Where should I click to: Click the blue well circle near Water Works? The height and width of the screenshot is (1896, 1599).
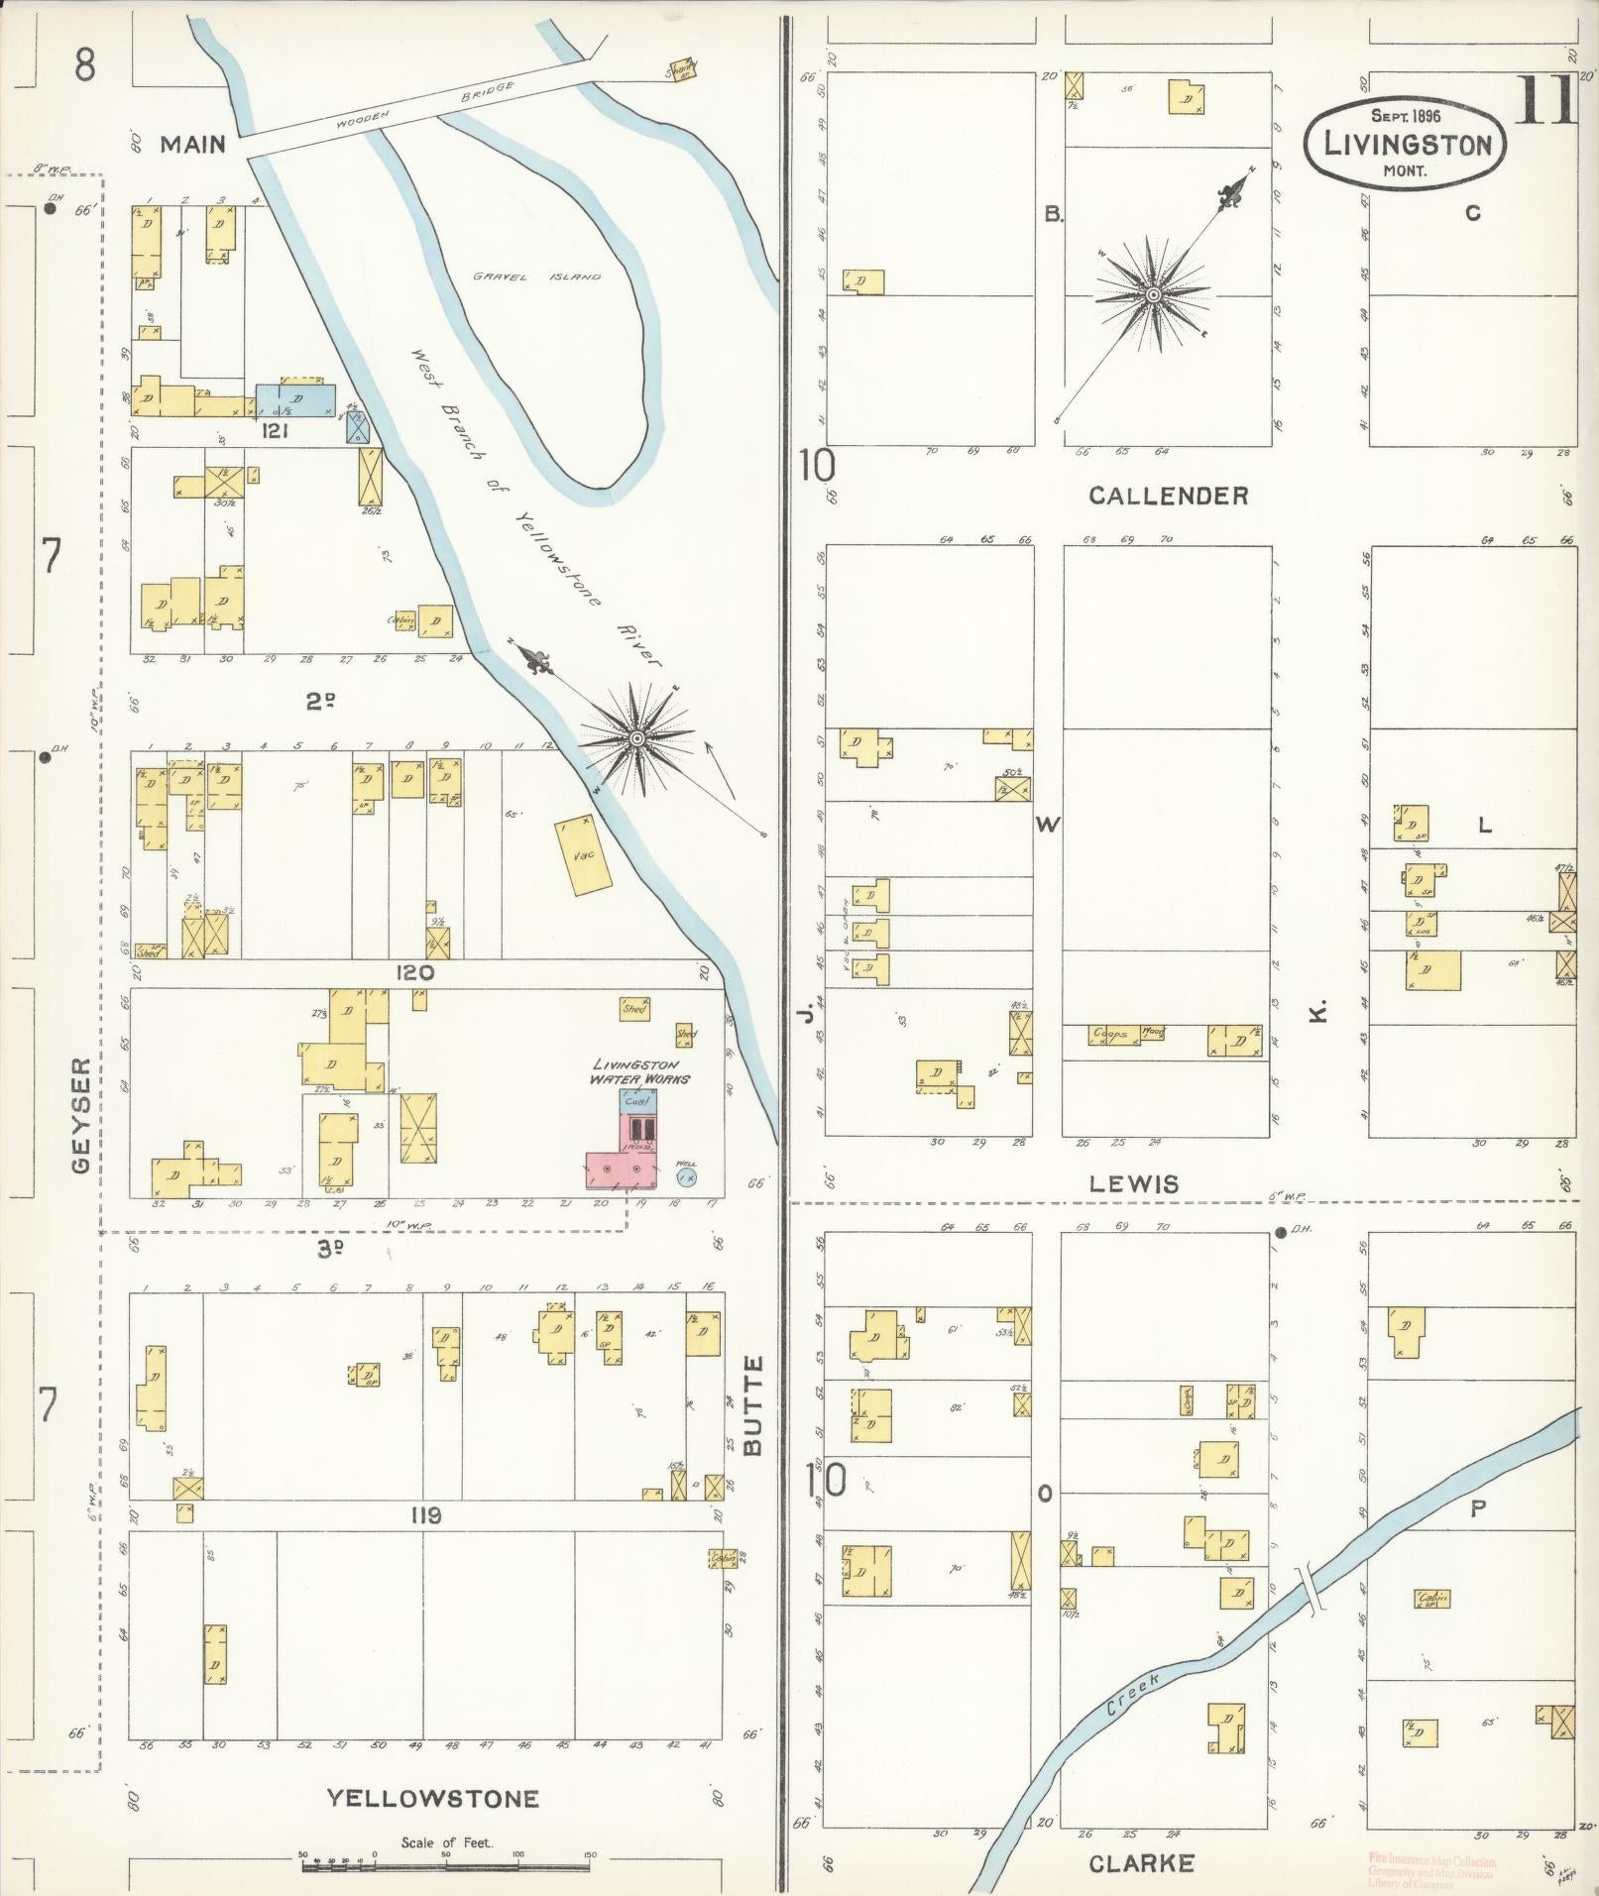point(685,1176)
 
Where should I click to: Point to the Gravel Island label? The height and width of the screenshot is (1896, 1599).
point(535,277)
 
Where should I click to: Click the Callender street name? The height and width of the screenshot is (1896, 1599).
point(1168,497)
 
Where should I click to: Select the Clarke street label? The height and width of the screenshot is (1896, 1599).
point(1141,1863)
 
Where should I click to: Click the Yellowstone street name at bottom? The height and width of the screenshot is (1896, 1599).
point(433,1799)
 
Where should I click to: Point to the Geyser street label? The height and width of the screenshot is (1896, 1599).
point(82,1113)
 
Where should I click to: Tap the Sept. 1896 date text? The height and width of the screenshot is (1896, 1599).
point(1405,116)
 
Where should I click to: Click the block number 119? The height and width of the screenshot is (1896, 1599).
point(422,1515)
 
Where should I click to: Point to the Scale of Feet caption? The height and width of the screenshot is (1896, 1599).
point(447,1844)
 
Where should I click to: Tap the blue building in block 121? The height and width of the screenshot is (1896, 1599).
point(295,399)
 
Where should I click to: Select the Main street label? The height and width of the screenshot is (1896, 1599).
point(193,145)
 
